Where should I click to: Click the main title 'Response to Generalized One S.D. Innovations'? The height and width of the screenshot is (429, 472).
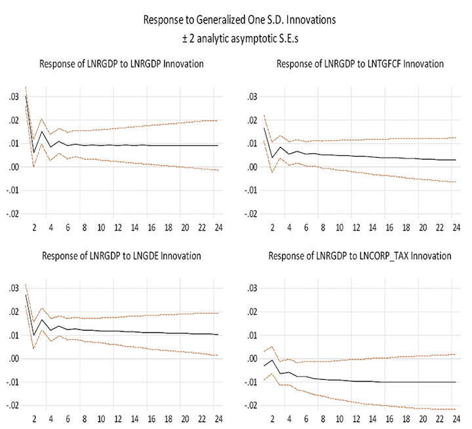pos(239,20)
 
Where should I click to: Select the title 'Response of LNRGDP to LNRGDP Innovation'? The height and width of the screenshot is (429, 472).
pos(121,64)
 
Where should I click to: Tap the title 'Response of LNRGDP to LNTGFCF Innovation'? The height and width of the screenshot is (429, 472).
pos(360,64)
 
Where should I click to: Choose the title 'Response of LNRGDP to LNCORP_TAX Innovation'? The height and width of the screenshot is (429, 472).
pos(360,255)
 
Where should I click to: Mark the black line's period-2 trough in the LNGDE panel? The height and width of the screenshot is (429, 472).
pos(33,335)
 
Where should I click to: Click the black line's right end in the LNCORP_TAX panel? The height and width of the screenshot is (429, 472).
pos(456,382)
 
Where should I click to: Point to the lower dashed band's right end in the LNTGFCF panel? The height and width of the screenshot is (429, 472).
pos(456,182)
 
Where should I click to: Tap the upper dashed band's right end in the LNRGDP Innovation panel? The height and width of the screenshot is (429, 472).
pos(218,121)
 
